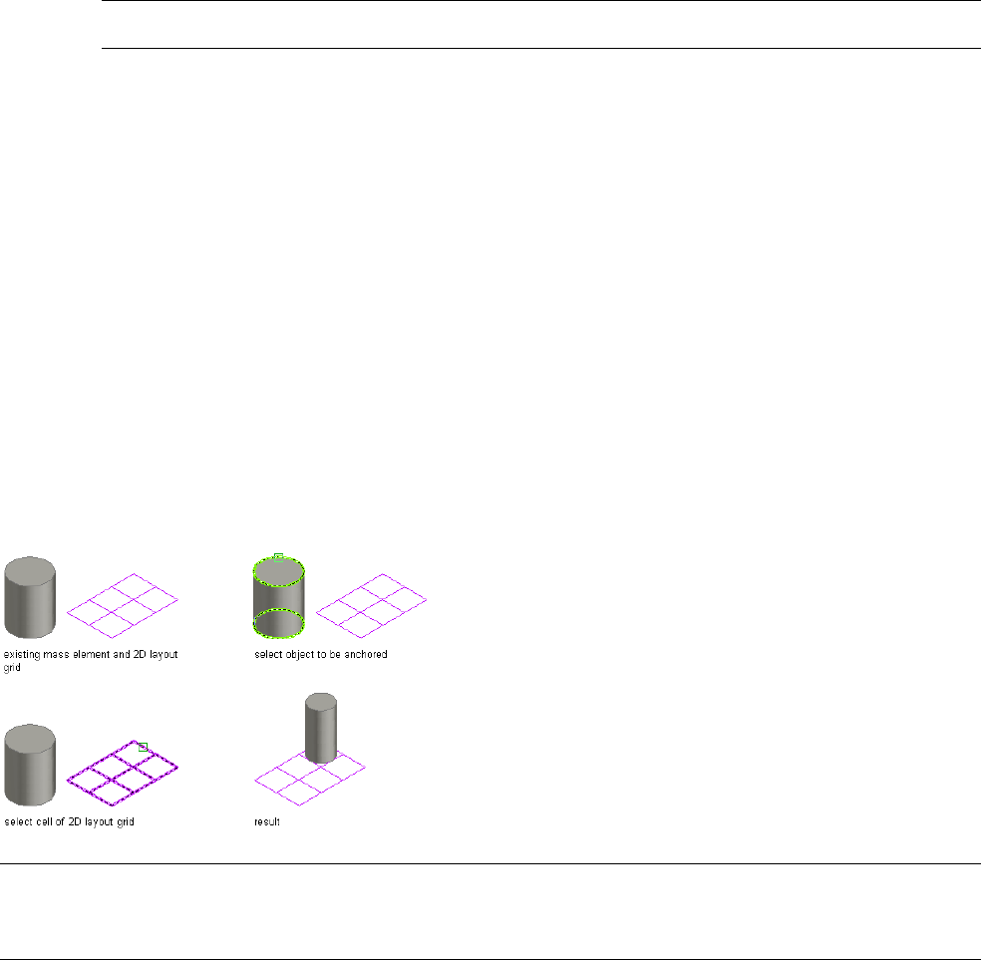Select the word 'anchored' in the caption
365,655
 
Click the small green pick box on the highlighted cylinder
278,556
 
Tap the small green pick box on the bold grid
143,746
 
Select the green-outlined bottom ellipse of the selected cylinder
278,623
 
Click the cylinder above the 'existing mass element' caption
29,598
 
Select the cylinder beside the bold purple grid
29,766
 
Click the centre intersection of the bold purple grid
122,767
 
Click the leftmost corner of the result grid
255,781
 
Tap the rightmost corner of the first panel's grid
177,599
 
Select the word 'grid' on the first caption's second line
12,667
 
